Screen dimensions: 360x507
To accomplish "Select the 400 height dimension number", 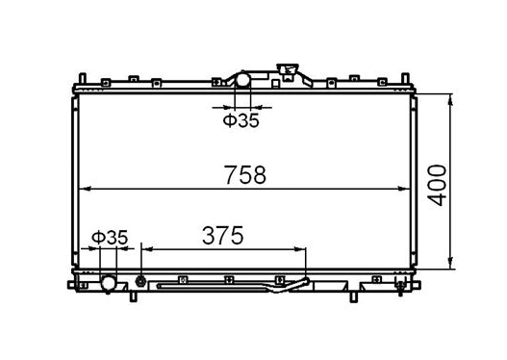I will pos(440,183).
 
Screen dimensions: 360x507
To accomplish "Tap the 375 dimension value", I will pos(221,235).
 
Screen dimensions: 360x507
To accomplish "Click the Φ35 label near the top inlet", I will pos(241,120).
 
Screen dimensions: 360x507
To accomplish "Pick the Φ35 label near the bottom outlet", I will pos(110,236).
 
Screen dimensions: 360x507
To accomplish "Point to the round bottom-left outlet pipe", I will pos(109,284).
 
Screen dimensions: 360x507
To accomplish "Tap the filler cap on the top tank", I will pos(286,71).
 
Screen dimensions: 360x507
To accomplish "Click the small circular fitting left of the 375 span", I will pos(141,282).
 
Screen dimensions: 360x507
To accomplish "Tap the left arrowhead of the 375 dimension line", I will pos(146,249).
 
